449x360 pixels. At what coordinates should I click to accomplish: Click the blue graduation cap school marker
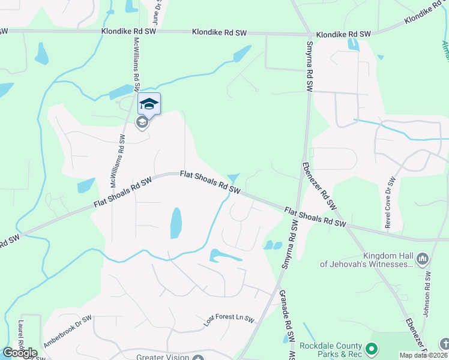click(149, 104)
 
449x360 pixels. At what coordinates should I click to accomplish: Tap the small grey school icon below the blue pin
click(142, 123)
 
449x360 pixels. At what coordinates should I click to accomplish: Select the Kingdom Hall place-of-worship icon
click(422, 259)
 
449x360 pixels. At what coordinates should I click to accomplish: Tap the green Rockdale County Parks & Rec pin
click(372, 348)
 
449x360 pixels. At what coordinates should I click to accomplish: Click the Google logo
click(20, 353)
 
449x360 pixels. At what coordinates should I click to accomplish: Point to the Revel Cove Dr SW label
click(391, 202)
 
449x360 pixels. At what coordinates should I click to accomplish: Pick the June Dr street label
click(157, 8)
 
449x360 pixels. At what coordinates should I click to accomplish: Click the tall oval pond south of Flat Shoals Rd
click(176, 223)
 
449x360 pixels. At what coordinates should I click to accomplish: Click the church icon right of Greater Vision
click(198, 358)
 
